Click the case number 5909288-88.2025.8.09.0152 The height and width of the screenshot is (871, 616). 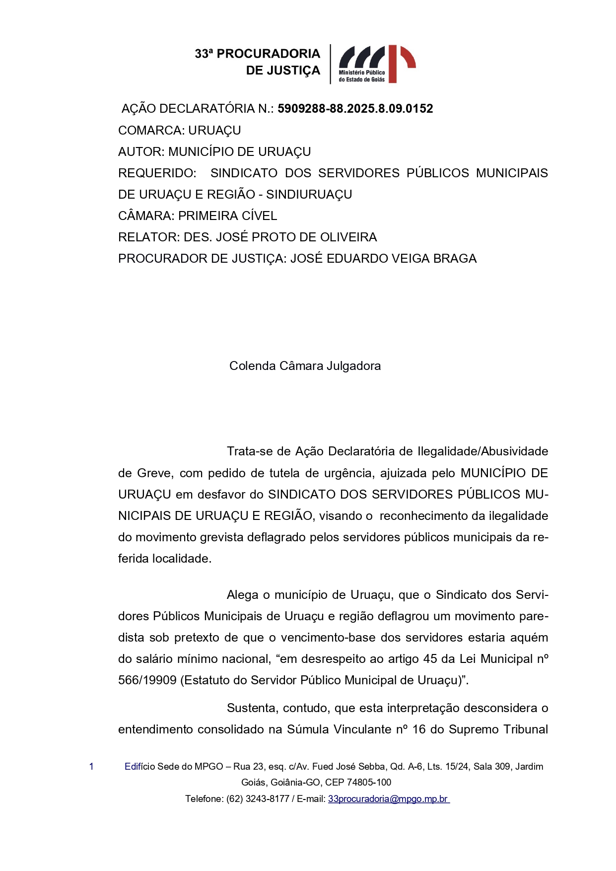tap(355, 109)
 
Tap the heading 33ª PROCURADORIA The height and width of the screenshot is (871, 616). tap(257, 54)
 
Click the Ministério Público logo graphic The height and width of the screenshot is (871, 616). tap(377, 64)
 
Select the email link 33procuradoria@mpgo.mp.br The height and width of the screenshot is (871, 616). tap(388, 799)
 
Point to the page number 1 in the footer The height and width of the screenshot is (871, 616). tap(91, 766)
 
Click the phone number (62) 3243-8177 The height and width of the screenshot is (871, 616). tap(258, 799)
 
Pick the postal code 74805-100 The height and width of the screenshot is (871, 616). tap(369, 783)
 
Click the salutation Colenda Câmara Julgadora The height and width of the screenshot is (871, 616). tap(305, 366)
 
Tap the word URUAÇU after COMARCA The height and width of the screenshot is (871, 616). tap(214, 131)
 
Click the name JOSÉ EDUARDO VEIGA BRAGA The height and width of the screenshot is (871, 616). tap(383, 259)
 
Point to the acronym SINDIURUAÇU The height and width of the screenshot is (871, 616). tap(309, 195)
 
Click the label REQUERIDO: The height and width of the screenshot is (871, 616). tap(157, 173)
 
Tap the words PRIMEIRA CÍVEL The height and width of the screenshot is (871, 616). tap(227, 216)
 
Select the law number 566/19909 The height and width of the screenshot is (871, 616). tap(147, 680)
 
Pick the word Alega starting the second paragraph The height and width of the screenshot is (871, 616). tap(242, 595)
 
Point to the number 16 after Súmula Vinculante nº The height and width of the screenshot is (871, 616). tap(419, 729)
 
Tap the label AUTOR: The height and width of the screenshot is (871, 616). tap(141, 152)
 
